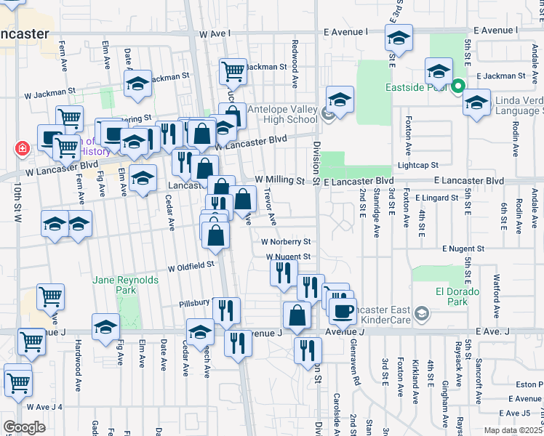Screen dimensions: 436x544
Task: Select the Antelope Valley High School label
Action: [x=282, y=115]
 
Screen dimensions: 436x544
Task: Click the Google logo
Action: [x=24, y=427]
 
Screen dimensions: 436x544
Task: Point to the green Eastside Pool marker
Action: [x=458, y=86]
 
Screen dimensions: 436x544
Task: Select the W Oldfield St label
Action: [x=191, y=267]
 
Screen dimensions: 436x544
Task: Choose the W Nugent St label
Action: [x=288, y=257]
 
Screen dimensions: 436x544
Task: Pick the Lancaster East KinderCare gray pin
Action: [x=423, y=315]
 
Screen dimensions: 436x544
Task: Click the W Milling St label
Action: [x=279, y=179]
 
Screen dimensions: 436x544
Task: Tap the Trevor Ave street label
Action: [x=271, y=207]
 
